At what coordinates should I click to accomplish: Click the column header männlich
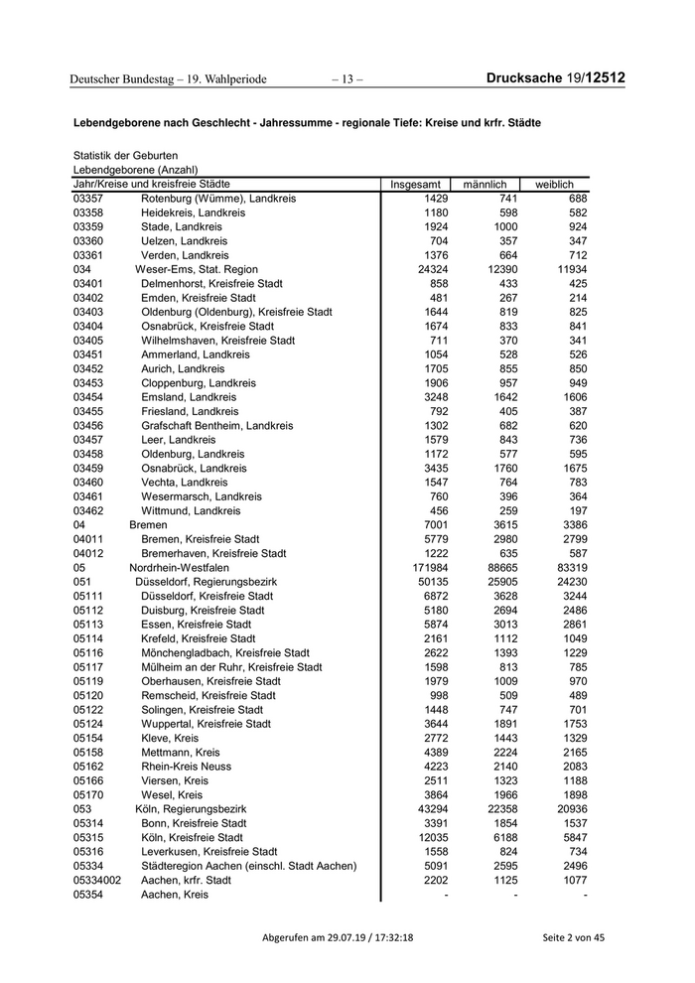pyautogui.click(x=485, y=185)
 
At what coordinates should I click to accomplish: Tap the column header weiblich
pyautogui.click(x=554, y=185)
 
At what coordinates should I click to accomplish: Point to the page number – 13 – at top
pyautogui.click(x=347, y=78)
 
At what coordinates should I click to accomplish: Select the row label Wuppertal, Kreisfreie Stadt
pyautogui.click(x=207, y=724)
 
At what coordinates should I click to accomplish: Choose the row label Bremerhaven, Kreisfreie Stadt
pyautogui.click(x=213, y=553)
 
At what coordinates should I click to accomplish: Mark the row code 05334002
pyautogui.click(x=97, y=881)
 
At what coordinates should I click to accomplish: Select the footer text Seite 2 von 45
pyautogui.click(x=573, y=937)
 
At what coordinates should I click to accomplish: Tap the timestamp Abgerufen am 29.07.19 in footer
pyautogui.click(x=338, y=937)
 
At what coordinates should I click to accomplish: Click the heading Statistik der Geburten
pyautogui.click(x=125, y=156)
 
